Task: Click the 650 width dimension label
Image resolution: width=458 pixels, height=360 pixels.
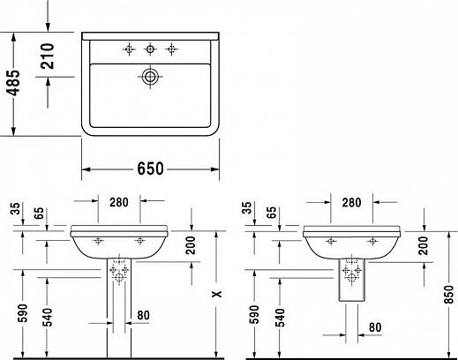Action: (x=152, y=169)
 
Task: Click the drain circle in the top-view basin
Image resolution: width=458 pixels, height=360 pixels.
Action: (x=151, y=77)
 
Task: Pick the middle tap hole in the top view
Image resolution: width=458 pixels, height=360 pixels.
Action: (x=151, y=48)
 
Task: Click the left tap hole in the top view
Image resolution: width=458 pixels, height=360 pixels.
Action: (x=129, y=48)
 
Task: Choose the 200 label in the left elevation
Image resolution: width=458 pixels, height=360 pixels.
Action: (x=191, y=246)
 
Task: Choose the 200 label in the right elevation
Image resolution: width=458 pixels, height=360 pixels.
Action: (x=423, y=246)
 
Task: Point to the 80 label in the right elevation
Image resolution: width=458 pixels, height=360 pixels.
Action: (x=375, y=326)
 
